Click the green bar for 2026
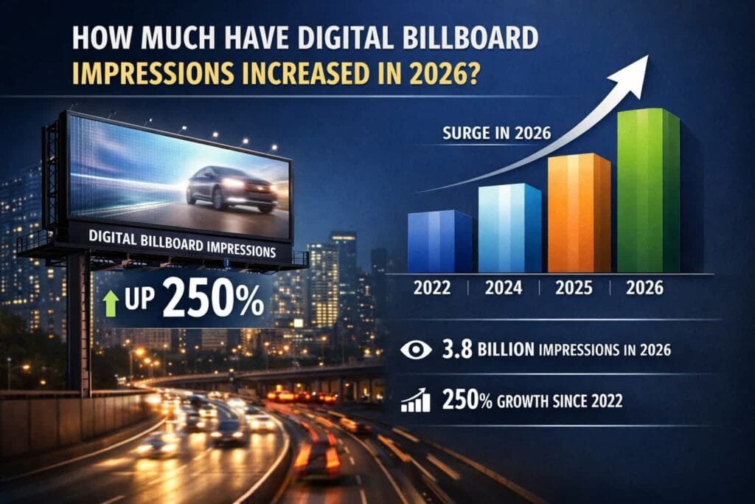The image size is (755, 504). point(647,192)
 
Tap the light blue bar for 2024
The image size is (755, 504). point(509,229)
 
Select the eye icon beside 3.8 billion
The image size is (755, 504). point(415,349)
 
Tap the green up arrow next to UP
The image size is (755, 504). point(111,303)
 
